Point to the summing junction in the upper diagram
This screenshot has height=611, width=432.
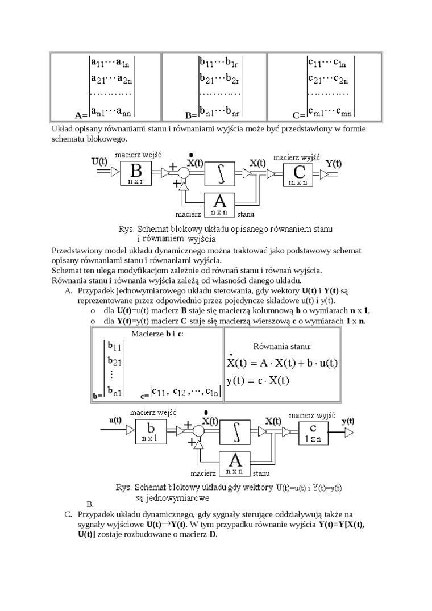pos(185,172)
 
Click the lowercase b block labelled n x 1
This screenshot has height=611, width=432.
pos(151,432)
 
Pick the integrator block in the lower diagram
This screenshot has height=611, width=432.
pos(235,432)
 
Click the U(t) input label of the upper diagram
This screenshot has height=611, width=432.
pos(99,161)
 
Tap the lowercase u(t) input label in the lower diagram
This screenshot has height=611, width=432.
pos(115,420)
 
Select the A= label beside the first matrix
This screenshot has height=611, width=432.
pos(81,114)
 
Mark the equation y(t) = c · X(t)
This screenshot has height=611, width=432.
pos(258,380)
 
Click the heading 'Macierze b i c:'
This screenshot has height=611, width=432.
pos(157,334)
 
